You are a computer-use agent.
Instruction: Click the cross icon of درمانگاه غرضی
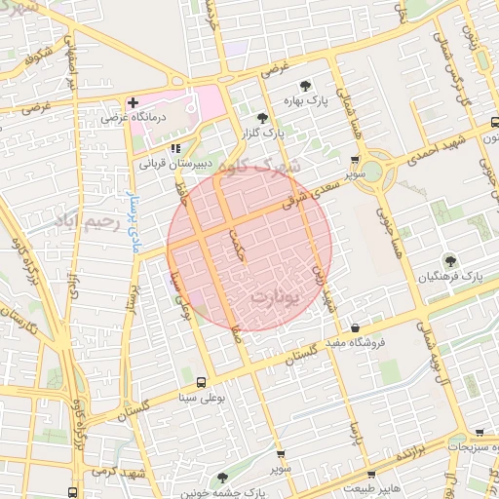(134, 102)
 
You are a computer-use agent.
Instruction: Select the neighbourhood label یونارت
(270, 293)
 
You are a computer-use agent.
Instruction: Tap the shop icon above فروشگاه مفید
(355, 328)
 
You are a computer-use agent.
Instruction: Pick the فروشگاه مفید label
(355, 342)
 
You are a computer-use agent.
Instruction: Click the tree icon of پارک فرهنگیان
(449, 260)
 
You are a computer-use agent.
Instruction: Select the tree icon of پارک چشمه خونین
(223, 478)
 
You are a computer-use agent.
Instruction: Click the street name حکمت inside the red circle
(235, 241)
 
